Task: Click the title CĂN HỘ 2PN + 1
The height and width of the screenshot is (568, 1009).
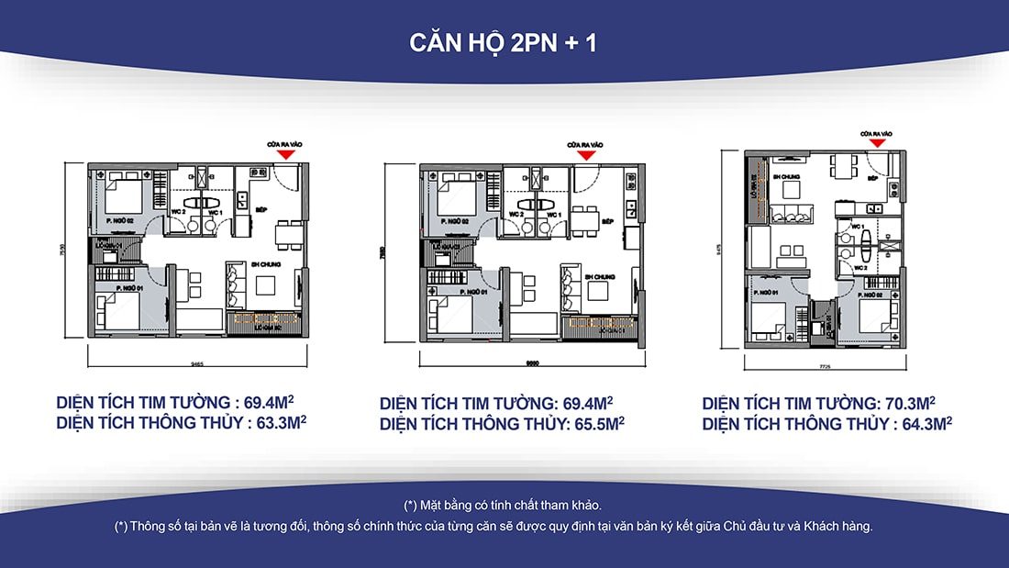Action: click(x=504, y=43)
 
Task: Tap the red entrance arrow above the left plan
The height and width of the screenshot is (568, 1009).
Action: click(x=287, y=155)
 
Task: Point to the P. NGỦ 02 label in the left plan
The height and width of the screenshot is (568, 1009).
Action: click(x=119, y=221)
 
